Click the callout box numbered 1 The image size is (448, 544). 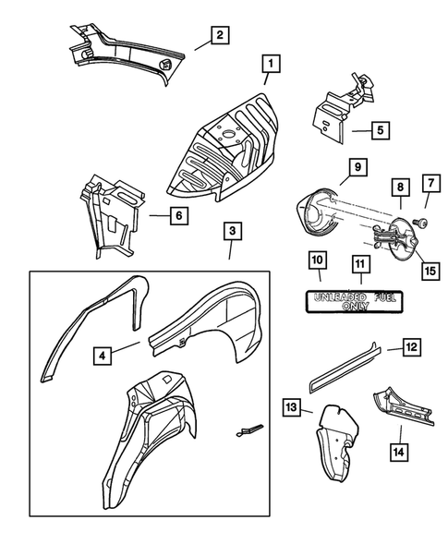click(271, 64)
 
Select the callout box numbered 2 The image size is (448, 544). click(220, 35)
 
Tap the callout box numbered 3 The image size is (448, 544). click(233, 231)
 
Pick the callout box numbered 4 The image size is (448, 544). click(103, 356)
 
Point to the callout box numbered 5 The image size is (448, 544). click(381, 130)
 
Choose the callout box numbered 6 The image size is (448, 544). click(179, 215)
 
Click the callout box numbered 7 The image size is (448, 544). click(431, 183)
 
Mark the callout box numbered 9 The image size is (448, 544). click(357, 167)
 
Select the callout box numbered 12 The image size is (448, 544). click(412, 347)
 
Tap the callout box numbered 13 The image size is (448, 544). click(292, 407)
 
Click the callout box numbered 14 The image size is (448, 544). click(399, 452)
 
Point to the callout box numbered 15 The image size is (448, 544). click(430, 271)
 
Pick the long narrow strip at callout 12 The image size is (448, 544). click(344, 368)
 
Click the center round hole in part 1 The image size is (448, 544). click(228, 134)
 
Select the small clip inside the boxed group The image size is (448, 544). click(249, 429)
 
